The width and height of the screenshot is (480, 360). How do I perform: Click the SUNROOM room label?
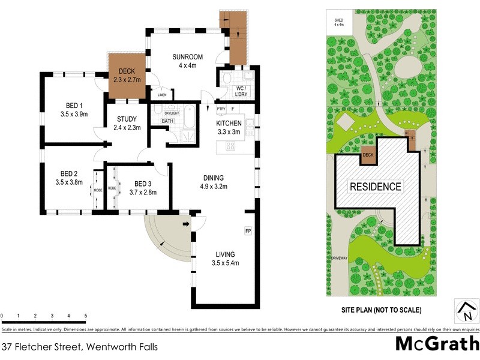tap(187, 57)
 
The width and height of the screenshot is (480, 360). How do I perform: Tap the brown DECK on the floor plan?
tap(127, 75)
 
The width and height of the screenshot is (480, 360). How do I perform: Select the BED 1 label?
tap(71, 106)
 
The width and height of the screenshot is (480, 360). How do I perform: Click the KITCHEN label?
tap(228, 124)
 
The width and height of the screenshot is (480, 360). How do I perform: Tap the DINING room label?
tap(213, 178)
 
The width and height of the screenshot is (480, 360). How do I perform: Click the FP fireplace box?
tap(247, 230)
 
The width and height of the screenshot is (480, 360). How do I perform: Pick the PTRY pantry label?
tap(220, 109)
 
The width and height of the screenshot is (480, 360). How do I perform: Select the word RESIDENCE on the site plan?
tap(376, 187)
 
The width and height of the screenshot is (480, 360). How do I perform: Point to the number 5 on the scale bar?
tap(85, 316)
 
